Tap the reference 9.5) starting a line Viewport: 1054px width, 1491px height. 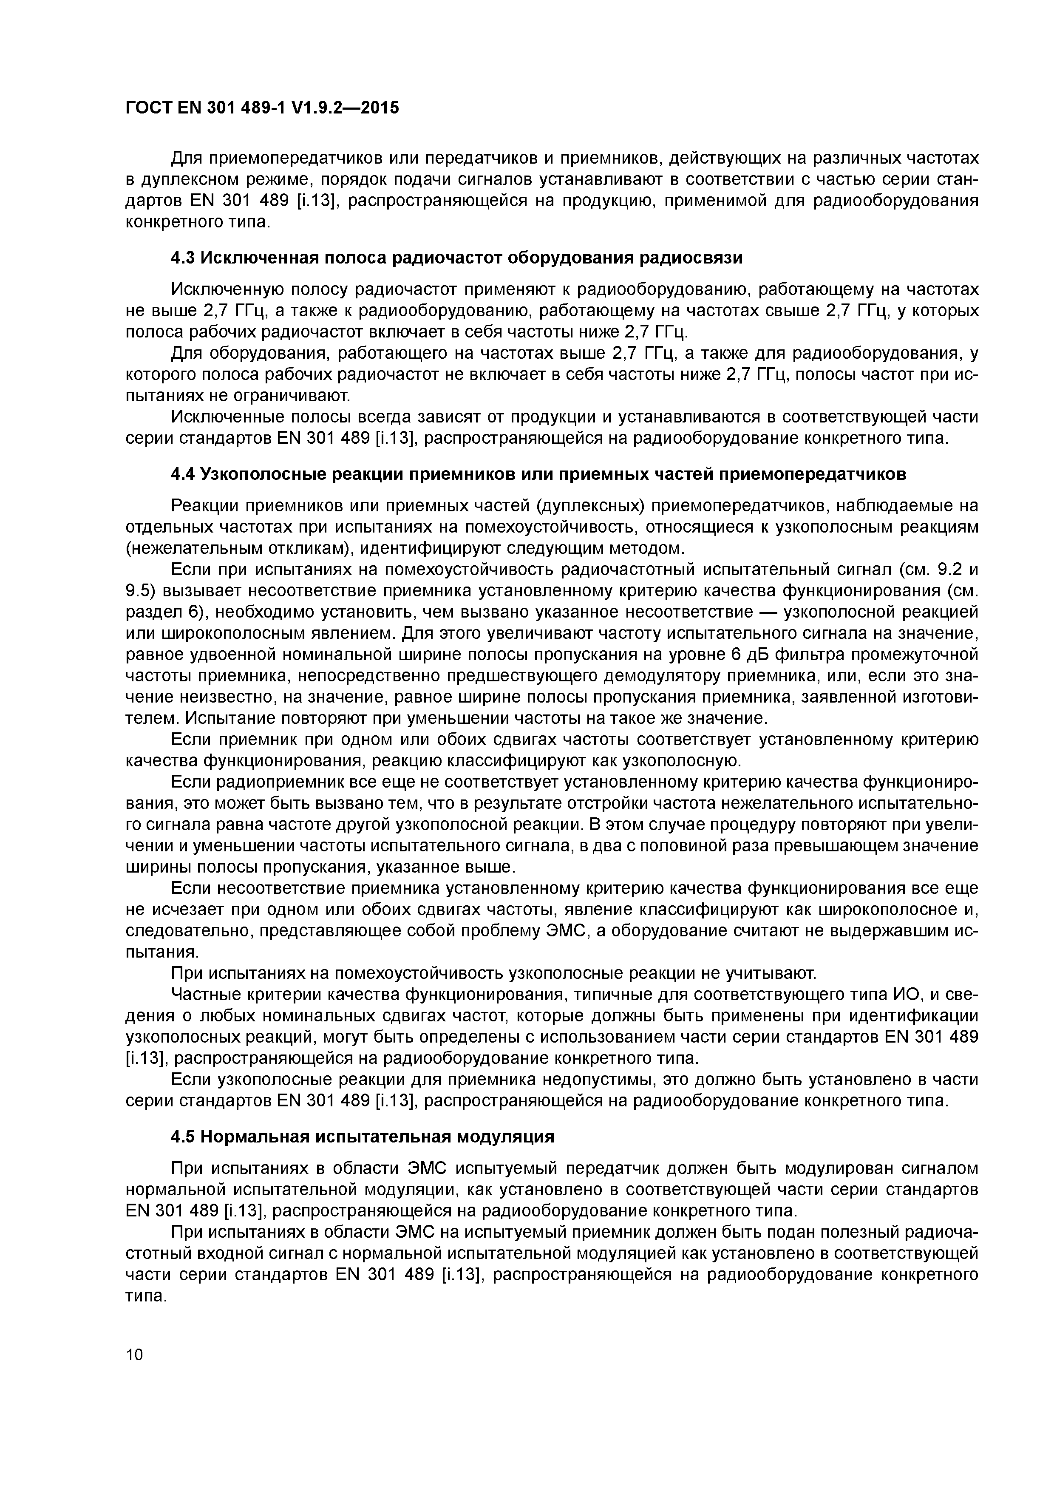[140, 591]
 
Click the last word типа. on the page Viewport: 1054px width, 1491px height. [146, 1296]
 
